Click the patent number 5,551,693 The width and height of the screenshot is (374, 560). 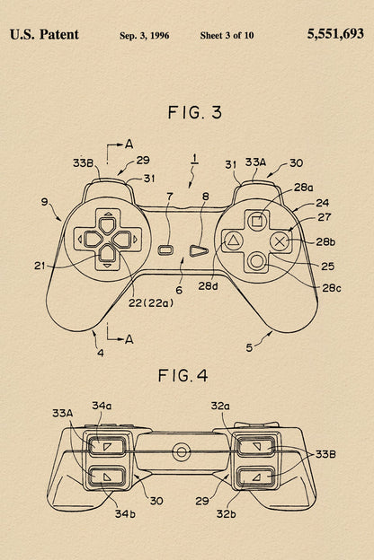[x=335, y=34]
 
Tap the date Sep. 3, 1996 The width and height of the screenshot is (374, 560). [x=144, y=36]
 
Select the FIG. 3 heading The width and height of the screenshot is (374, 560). [x=195, y=112]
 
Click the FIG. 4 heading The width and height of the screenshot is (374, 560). [x=183, y=376]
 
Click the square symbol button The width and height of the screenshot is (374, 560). [x=256, y=222]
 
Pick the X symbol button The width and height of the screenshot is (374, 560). [x=280, y=241]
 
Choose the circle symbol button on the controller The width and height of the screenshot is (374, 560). [x=256, y=261]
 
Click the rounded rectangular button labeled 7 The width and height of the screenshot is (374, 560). [x=165, y=250]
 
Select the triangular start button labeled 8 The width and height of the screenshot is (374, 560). [x=199, y=250]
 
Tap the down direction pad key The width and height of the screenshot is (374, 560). [x=107, y=253]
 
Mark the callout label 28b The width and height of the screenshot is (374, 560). [x=325, y=241]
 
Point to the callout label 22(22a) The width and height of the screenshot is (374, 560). [x=151, y=303]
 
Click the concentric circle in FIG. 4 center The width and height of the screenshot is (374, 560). [x=182, y=452]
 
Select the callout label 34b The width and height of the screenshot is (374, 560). [x=125, y=514]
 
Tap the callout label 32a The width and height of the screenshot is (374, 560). [x=220, y=406]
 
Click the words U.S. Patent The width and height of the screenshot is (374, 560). [x=44, y=35]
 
